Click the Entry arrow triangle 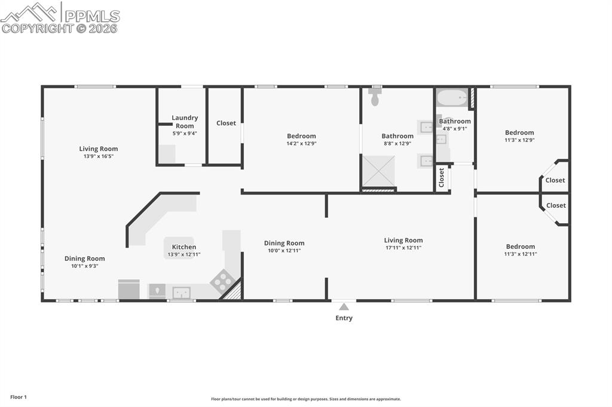pyautogui.click(x=344, y=307)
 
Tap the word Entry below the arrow pyautogui.click(x=344, y=318)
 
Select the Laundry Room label pyautogui.click(x=185, y=122)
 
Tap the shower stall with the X pyautogui.click(x=379, y=171)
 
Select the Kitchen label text pyautogui.click(x=183, y=247)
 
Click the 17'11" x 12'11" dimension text pyautogui.click(x=403, y=248)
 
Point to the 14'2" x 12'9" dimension pyautogui.click(x=301, y=143)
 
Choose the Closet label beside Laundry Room pyautogui.click(x=226, y=123)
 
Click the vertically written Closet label pyautogui.click(x=442, y=177)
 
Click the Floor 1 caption pyautogui.click(x=19, y=397)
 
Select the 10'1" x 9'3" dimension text pyautogui.click(x=84, y=266)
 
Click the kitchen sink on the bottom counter pyautogui.click(x=180, y=292)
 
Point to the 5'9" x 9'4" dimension pyautogui.click(x=185, y=133)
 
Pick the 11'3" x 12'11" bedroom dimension pyautogui.click(x=520, y=254)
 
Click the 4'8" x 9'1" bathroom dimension pyautogui.click(x=455, y=128)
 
